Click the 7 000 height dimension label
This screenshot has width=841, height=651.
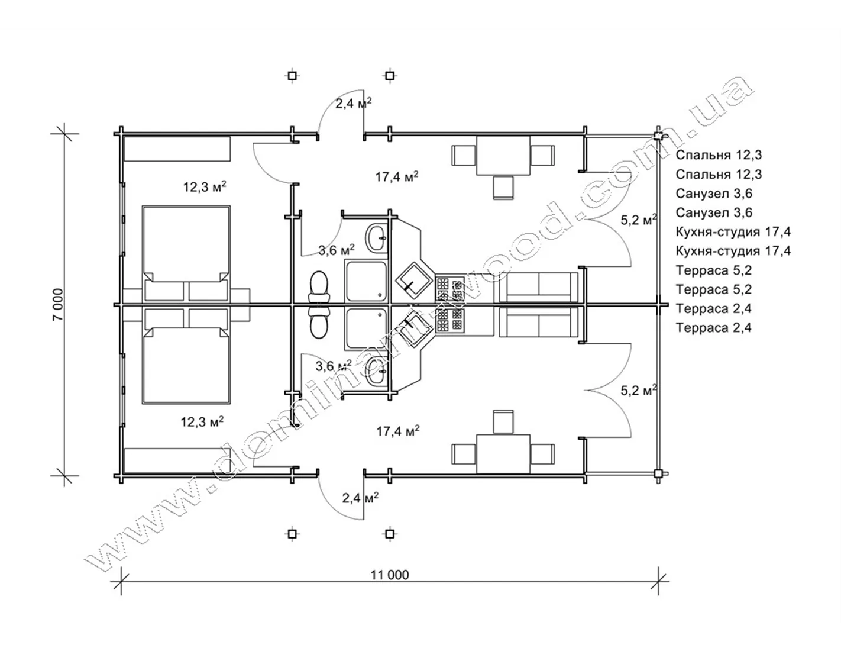click(x=57, y=304)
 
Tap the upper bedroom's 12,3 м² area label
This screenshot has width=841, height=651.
click(x=205, y=187)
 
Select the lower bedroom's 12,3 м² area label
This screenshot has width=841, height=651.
click(x=202, y=422)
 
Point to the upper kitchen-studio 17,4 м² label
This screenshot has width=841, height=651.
click(x=397, y=176)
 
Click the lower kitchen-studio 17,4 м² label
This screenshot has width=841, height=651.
click(x=398, y=431)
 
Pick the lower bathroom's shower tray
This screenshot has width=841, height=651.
click(x=366, y=328)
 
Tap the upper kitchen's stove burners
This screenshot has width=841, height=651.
click(x=449, y=289)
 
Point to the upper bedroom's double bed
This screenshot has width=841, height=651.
click(x=186, y=253)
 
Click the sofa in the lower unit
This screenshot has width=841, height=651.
click(x=539, y=321)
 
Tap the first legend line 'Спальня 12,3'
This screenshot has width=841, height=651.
click(x=719, y=155)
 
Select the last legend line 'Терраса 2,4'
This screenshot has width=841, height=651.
click(x=714, y=328)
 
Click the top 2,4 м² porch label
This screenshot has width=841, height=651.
click(x=353, y=103)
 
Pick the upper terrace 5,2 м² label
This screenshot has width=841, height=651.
click(x=639, y=220)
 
